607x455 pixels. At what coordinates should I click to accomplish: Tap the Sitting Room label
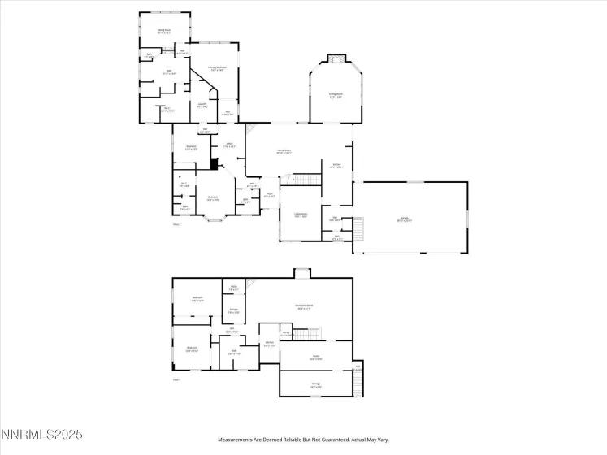pos(164,31)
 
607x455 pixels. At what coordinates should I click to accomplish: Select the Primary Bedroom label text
pos(216,68)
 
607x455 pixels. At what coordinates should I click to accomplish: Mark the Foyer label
pos(269,195)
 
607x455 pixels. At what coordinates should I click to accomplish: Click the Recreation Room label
pos(305,306)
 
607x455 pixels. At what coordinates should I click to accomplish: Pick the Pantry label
pos(286,333)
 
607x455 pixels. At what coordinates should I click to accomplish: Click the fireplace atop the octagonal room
pos(336,58)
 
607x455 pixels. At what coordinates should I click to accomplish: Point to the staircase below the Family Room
pos(303,179)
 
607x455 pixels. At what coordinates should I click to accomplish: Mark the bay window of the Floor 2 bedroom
pos(215,217)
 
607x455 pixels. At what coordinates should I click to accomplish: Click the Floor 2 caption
pos(177,225)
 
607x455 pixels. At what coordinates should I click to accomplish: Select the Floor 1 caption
pos(176,379)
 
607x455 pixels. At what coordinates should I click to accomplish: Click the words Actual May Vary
pos(366,440)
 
